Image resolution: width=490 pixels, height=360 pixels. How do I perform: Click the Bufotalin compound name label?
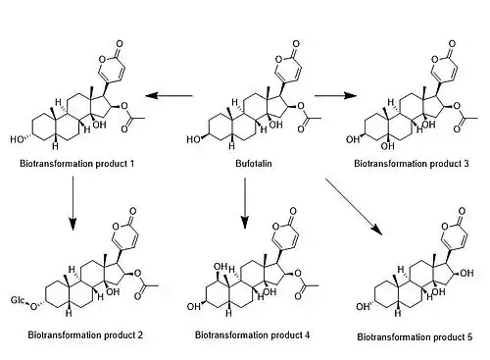(x=254, y=163)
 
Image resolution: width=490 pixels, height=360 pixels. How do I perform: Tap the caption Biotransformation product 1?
(x=77, y=163)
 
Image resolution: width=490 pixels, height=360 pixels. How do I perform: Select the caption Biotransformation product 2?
(x=85, y=335)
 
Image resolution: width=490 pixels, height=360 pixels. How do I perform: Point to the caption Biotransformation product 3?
(x=412, y=163)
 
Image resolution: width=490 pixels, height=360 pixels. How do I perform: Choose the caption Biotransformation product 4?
(x=252, y=335)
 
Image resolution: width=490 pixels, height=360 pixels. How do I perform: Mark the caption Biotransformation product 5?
(x=415, y=337)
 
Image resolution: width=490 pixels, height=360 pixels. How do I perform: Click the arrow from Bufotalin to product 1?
(x=169, y=96)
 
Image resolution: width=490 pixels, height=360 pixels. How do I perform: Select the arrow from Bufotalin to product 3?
(x=335, y=95)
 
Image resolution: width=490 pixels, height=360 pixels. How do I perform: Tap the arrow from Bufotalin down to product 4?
(x=245, y=203)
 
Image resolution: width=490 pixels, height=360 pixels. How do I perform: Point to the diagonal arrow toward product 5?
(x=354, y=206)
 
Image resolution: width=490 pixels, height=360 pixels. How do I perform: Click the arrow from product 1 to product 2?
(x=73, y=203)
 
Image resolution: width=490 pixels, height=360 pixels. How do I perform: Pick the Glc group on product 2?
(x=17, y=300)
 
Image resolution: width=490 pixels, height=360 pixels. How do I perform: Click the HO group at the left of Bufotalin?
(x=193, y=140)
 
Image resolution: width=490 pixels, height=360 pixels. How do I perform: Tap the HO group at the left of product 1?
(x=17, y=140)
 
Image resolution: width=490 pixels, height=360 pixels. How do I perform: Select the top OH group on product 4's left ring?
(x=220, y=267)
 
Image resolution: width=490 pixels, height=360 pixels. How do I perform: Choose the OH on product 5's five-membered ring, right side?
(x=466, y=273)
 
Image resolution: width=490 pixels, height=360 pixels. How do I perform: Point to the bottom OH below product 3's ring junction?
(x=387, y=146)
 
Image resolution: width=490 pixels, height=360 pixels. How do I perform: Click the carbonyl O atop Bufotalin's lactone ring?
(x=296, y=44)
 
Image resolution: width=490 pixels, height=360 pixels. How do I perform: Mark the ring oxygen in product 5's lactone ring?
(x=445, y=227)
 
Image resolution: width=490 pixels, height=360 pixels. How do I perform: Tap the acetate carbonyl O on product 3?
(x=457, y=129)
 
